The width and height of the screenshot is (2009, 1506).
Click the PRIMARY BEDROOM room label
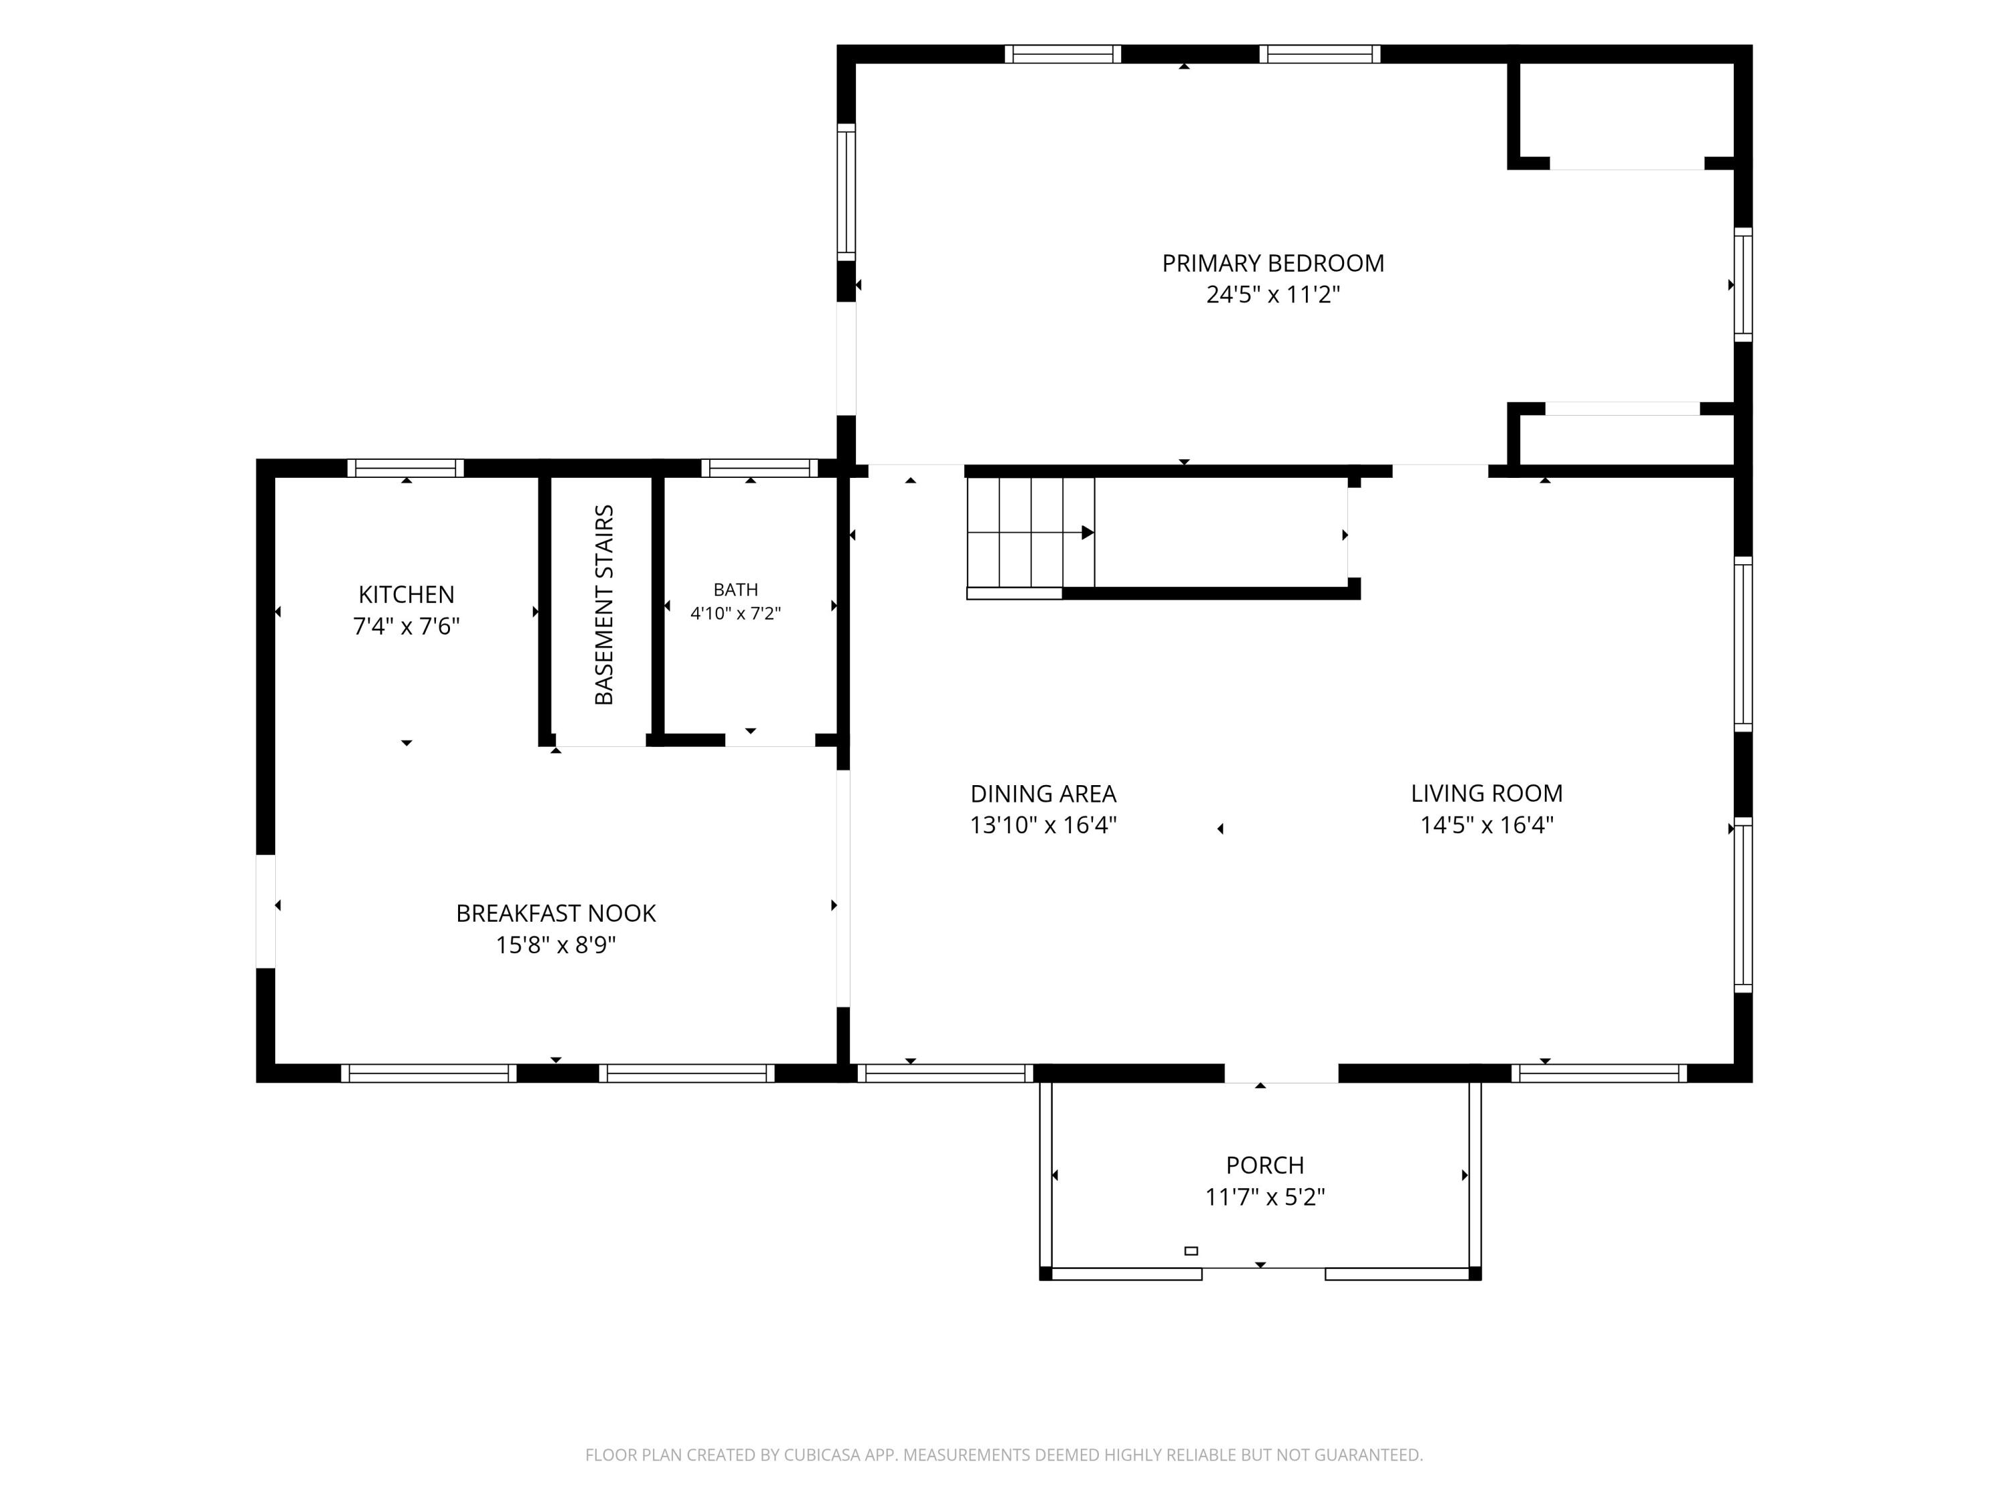[x=1272, y=263]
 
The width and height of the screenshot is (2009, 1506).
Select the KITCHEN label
[x=406, y=594]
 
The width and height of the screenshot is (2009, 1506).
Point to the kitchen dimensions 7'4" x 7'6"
[x=406, y=626]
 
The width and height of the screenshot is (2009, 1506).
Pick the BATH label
[x=736, y=590]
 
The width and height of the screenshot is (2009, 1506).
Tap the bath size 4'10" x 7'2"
[x=736, y=614]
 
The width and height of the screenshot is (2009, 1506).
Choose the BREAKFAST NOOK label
[x=556, y=913]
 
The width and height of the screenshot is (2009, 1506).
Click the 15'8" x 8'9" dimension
[x=556, y=945]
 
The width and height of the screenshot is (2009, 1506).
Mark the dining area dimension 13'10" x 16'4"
[x=1043, y=825]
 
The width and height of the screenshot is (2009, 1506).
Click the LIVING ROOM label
[x=1487, y=793]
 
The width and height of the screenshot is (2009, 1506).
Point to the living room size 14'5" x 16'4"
[x=1487, y=825]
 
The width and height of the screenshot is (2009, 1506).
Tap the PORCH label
[x=1264, y=1165]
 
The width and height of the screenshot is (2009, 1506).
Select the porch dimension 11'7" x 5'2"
[x=1264, y=1197]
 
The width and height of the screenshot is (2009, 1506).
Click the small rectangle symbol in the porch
[x=1191, y=1251]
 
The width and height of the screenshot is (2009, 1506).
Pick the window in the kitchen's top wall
[x=406, y=469]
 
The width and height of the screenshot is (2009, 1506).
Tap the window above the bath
[x=759, y=469]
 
